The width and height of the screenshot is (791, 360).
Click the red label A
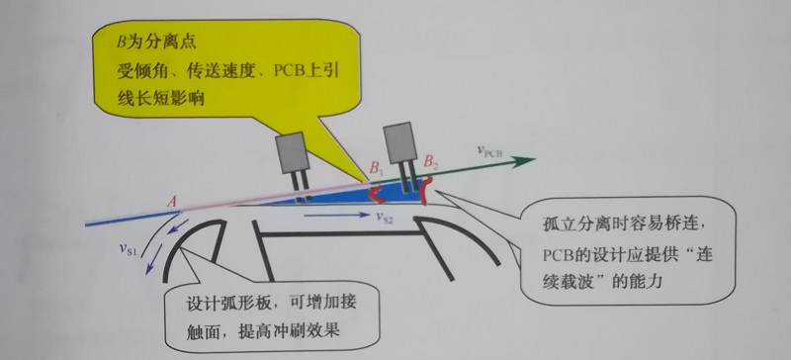click(x=172, y=202)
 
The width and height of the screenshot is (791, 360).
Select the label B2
click(x=430, y=162)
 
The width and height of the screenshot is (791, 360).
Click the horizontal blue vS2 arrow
click(x=337, y=216)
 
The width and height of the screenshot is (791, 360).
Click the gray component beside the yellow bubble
click(x=293, y=150)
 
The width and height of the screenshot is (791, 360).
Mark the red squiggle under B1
click(x=376, y=195)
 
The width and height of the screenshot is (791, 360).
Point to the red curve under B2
click(x=427, y=191)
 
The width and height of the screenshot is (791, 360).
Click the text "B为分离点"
click(x=156, y=43)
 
